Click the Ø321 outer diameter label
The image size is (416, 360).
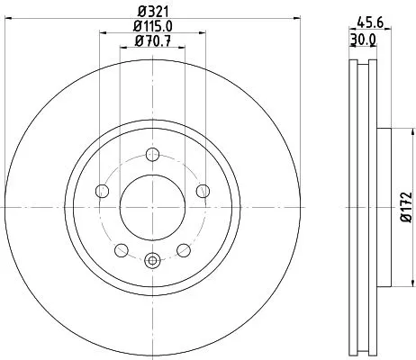(x=153, y=11)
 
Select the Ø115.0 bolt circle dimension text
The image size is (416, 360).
(x=153, y=26)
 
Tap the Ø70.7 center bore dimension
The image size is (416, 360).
(x=153, y=41)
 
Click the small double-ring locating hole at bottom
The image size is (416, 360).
(x=152, y=261)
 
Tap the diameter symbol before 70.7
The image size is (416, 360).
(x=139, y=41)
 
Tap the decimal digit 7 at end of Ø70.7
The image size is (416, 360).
(x=168, y=41)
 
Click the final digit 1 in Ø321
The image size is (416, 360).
(x=166, y=11)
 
